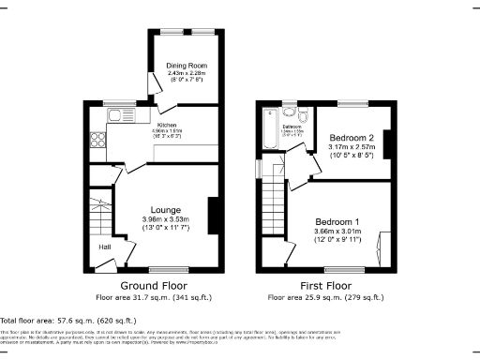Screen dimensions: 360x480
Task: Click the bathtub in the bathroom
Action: (x=270, y=130)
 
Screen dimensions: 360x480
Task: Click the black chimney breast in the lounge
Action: (x=215, y=215)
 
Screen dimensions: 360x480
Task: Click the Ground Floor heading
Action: (x=154, y=286)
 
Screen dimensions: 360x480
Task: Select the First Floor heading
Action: (x=326, y=286)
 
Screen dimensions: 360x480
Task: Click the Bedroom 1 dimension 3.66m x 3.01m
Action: (x=336, y=232)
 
